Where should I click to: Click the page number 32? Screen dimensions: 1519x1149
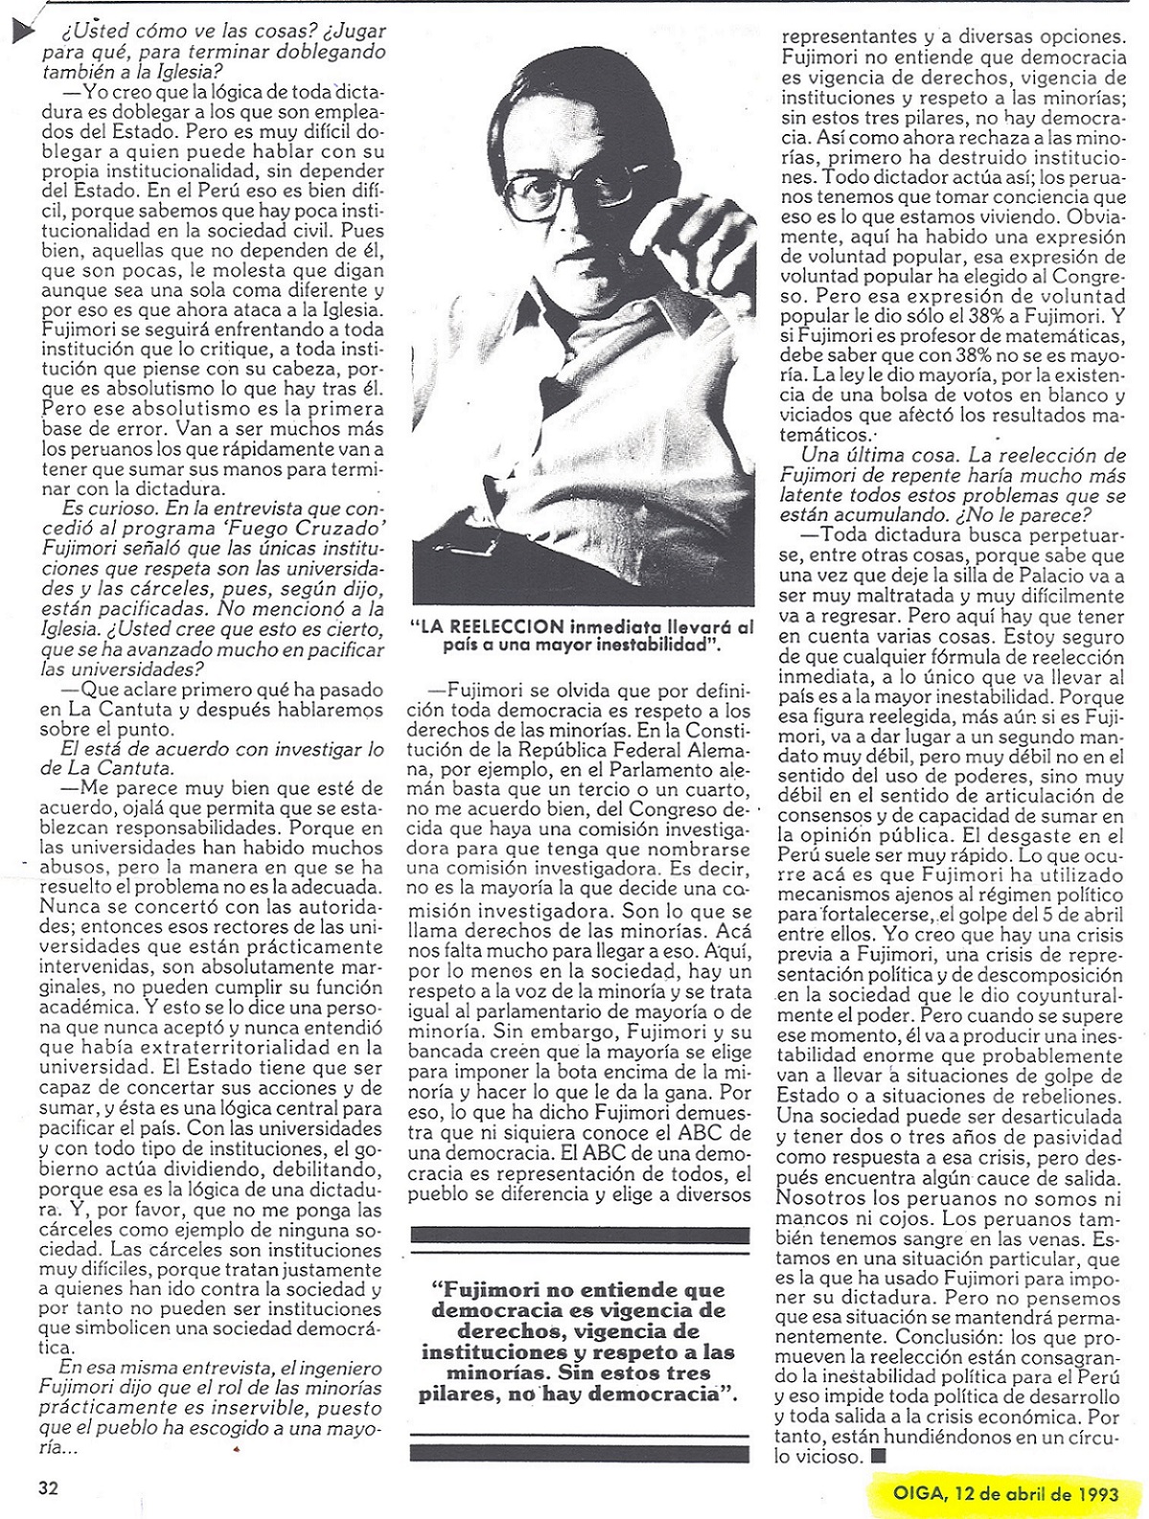click(49, 1487)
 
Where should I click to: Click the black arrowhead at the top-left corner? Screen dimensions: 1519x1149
click(22, 33)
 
